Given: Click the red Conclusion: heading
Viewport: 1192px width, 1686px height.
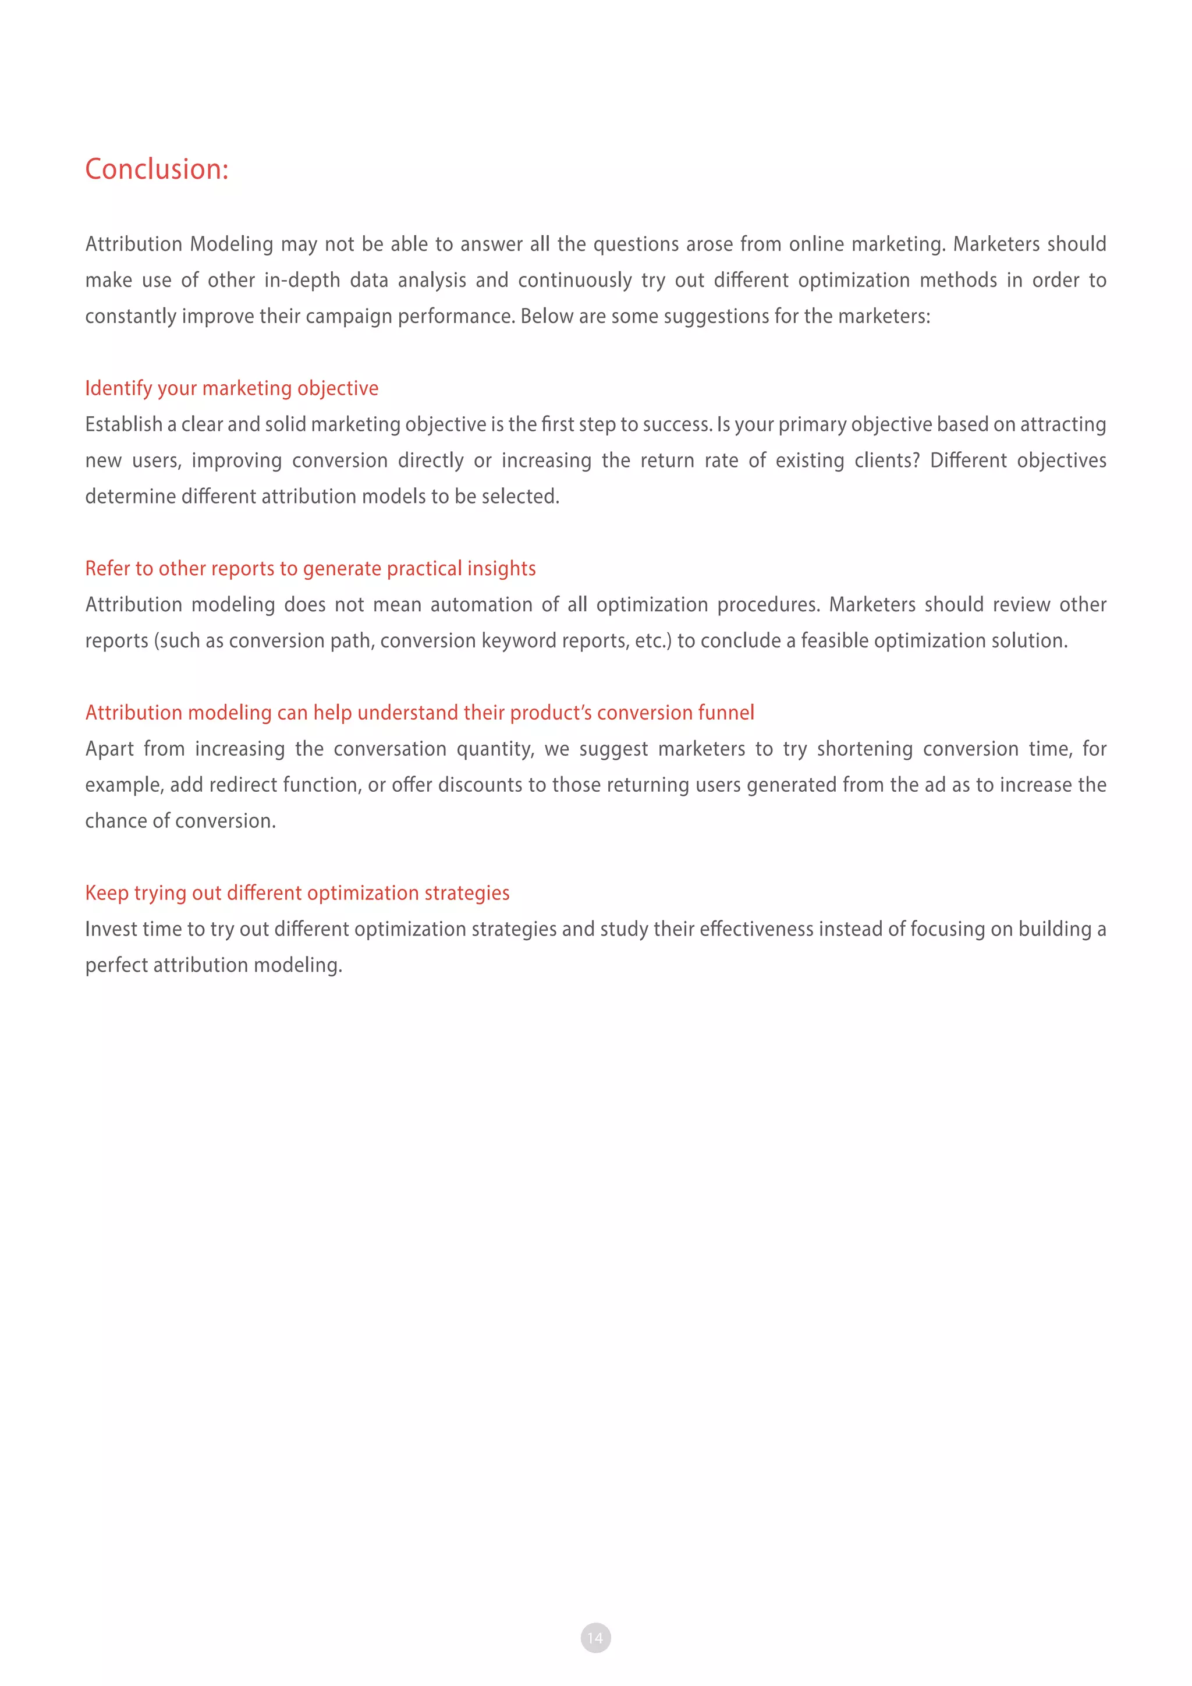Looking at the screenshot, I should point(157,169).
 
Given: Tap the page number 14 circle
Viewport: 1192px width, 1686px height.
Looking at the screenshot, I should point(595,1638).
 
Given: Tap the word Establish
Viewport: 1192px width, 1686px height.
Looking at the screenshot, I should point(123,424).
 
